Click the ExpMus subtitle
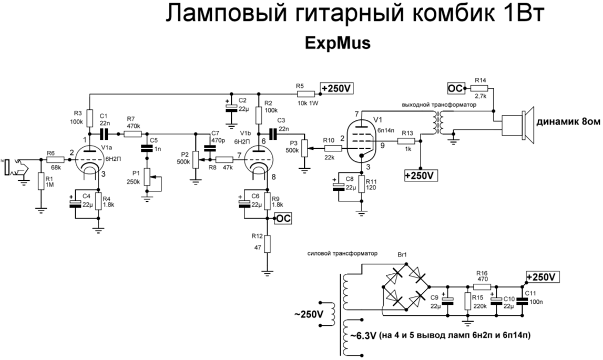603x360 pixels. [x=338, y=44]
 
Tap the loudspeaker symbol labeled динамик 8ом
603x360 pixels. [x=518, y=126]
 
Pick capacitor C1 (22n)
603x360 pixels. [x=103, y=133]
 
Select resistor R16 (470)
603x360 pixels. [x=482, y=287]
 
